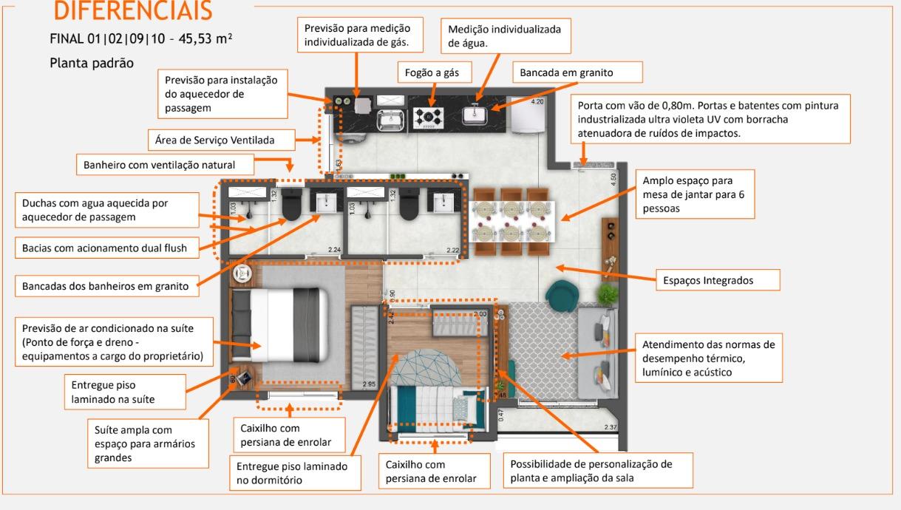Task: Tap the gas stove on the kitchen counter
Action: pos(428,117)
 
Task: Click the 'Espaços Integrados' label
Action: pos(718,280)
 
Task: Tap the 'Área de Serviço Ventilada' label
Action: pos(222,139)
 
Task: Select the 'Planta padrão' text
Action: pos(92,63)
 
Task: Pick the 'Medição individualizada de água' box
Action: pos(505,36)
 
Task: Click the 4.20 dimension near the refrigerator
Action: pos(537,101)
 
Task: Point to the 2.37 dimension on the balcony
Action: pos(610,427)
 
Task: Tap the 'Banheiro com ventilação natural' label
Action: pos(165,165)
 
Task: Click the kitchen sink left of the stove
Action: pos(390,117)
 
